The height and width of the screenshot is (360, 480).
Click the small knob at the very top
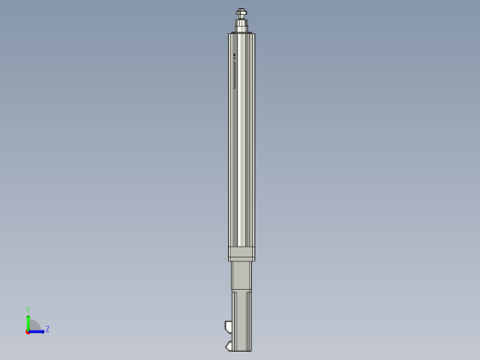[x=241, y=12]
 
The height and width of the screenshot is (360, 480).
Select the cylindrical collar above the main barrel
[x=241, y=26]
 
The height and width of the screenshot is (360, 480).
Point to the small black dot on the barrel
[x=234, y=54]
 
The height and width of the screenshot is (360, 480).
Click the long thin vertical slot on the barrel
[x=234, y=74]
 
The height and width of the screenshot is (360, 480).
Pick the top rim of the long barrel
[x=241, y=35]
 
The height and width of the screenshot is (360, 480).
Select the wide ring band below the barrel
[x=241, y=254]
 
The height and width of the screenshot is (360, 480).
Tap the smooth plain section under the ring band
[x=241, y=275]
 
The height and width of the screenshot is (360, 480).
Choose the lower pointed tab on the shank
[x=228, y=347]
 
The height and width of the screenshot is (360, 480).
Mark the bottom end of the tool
[x=241, y=350]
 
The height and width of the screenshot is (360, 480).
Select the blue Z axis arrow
[x=38, y=330]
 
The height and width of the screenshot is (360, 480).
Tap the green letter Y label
[x=29, y=311]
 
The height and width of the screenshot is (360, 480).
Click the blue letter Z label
[x=47, y=329]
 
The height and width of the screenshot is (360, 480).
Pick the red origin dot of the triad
[x=28, y=330]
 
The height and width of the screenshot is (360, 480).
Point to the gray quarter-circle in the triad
[x=33, y=325]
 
